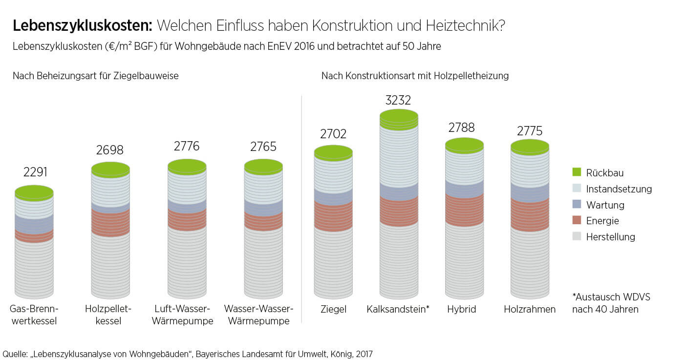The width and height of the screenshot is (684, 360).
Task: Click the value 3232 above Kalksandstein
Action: click(398, 101)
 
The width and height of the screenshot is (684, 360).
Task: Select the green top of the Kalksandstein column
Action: click(399, 118)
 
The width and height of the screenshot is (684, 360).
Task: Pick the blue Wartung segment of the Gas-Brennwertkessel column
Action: click(34, 224)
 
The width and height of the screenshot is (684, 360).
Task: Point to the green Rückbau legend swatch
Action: click(577, 172)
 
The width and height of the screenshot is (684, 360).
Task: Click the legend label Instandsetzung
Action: click(619, 189)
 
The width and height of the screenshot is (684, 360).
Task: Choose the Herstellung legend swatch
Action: click(577, 237)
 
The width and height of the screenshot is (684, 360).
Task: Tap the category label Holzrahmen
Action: click(530, 310)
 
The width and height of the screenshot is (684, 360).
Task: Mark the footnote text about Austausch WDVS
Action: click(611, 303)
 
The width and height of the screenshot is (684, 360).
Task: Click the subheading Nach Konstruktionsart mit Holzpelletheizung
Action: click(415, 76)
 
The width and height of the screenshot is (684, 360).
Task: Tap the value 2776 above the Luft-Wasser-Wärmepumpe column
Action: click(187, 147)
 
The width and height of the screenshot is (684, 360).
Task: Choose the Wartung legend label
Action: click(605, 205)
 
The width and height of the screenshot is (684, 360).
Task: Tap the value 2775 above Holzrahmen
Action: click(530, 131)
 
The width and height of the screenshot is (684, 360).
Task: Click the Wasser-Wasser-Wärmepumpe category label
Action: click(258, 315)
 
